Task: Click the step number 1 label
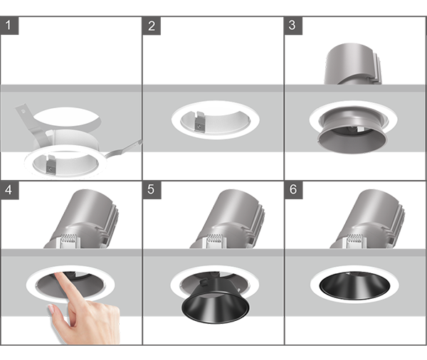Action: pos(9,26)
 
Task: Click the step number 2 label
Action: pos(152,26)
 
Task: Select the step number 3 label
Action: pos(293,26)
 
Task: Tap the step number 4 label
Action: pos(9,190)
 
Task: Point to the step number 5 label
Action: pos(152,190)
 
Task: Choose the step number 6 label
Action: pos(293,190)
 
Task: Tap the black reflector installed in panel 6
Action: pos(354,285)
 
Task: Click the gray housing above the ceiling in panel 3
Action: pos(353,64)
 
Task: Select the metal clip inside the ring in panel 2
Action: pos(199,122)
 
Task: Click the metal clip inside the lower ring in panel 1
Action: pos(51,164)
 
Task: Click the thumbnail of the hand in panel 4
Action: pos(51,309)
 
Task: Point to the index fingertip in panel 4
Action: pos(59,275)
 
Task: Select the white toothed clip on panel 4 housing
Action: pos(70,240)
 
